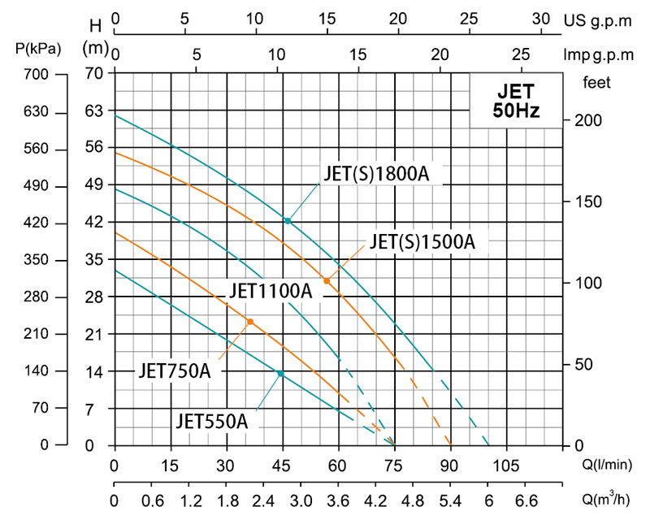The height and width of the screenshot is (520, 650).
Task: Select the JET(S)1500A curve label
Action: tap(422, 241)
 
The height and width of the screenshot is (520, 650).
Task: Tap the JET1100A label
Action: tap(270, 290)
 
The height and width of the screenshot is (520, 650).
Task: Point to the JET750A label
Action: tap(174, 371)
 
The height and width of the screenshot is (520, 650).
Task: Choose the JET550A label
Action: tap(211, 421)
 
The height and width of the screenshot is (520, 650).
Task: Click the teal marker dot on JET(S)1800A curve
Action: tap(287, 220)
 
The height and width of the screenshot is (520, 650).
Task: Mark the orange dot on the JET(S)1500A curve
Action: tap(327, 280)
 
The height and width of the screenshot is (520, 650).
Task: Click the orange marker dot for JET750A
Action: tap(250, 322)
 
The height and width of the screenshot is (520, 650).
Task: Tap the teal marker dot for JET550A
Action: tap(280, 374)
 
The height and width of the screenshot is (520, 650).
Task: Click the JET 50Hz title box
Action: tap(516, 100)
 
